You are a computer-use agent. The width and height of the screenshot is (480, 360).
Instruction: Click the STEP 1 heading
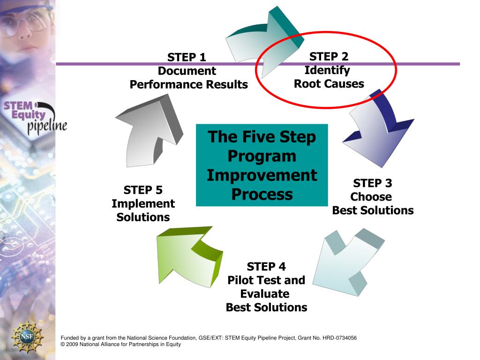[x=187, y=58]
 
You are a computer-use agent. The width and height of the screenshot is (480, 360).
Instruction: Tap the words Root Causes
[x=329, y=84]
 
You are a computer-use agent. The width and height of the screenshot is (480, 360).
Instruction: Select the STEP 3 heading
[x=373, y=183]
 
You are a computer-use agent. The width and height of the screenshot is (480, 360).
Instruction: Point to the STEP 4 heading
[x=266, y=267]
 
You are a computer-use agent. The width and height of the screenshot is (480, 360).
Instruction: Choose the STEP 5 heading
[x=143, y=190]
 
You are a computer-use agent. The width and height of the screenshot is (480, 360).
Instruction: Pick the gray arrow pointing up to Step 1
[x=145, y=131]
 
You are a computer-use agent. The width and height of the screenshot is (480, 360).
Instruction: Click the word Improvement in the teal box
[x=262, y=175]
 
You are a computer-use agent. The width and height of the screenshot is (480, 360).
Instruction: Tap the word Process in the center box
[x=262, y=194]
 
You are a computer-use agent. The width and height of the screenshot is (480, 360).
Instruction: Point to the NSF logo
[x=27, y=337]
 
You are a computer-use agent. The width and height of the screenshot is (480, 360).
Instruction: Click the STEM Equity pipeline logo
[x=34, y=115]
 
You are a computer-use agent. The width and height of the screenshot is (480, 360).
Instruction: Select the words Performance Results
[x=188, y=85]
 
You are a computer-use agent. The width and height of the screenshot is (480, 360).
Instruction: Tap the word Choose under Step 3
[x=371, y=196]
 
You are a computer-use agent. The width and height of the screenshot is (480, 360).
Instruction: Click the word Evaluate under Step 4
[x=265, y=294]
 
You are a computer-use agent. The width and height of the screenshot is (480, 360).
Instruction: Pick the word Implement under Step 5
[x=143, y=204]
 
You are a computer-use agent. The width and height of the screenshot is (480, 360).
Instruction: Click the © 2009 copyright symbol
[x=63, y=345]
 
